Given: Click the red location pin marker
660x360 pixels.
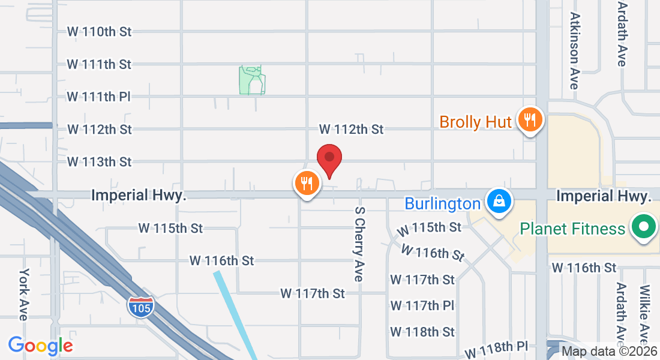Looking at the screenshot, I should [329, 159].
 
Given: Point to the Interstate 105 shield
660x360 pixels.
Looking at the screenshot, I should [140, 307].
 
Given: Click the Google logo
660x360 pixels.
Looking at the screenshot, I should [40, 346].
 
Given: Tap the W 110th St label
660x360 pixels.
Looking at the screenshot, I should [99, 31].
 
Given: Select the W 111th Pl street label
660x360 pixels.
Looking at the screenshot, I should [99, 96].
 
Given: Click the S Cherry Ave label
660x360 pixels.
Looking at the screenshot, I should [359, 244].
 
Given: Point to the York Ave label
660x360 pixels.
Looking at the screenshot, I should [25, 294].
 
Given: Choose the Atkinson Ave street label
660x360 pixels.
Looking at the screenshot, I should [575, 51].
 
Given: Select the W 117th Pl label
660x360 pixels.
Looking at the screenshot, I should [422, 305].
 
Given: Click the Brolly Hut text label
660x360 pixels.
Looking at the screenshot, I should [475, 122].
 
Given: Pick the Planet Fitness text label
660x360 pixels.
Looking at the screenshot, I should [572, 229].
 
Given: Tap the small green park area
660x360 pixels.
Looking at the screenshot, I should [252, 80].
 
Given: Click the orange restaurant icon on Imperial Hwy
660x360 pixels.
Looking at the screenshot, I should [307, 183].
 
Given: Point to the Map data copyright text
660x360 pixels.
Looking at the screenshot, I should [610, 352].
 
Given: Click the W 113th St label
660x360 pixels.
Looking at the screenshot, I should [99, 161].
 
